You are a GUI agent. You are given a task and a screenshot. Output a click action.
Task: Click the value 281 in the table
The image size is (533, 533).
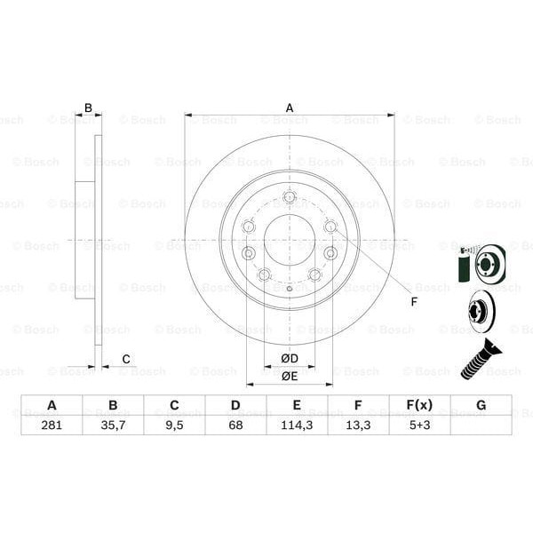pyautogui.click(x=52, y=426)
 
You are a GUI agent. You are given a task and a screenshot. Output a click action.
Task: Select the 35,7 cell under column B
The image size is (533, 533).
pyautogui.click(x=113, y=426)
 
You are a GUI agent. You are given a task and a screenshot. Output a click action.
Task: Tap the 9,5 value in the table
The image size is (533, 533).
pyautogui.click(x=174, y=426)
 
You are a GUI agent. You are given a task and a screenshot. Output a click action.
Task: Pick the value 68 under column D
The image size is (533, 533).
pyautogui.click(x=235, y=426)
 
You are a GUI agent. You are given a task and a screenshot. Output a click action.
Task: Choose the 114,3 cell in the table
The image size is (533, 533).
pyautogui.click(x=297, y=426)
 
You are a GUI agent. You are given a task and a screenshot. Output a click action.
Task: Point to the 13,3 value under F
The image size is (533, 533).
pyautogui.click(x=357, y=426)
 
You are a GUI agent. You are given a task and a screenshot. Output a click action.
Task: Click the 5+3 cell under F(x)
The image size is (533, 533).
pyautogui.click(x=418, y=426)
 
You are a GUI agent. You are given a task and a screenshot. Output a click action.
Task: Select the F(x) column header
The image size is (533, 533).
pyautogui.click(x=418, y=406)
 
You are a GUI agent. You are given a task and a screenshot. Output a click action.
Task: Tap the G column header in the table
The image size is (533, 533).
pyautogui.click(x=481, y=406)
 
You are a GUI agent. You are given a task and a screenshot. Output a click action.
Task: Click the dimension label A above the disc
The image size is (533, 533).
pyautogui.click(x=290, y=107)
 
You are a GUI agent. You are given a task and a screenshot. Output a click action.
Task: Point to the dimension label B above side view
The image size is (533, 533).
pyautogui.click(x=88, y=107)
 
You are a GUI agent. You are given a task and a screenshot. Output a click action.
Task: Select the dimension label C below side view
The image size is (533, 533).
pyautogui.click(x=126, y=359)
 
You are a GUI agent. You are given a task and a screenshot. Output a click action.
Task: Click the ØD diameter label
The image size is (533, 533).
pyautogui.click(x=289, y=358)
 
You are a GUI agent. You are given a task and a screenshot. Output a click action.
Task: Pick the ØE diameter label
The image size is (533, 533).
pyautogui.click(x=289, y=376)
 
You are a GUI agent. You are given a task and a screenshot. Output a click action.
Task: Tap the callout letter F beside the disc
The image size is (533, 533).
pyautogui.click(x=413, y=301)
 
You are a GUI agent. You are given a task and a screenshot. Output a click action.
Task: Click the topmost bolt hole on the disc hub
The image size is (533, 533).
pyautogui.click(x=289, y=197)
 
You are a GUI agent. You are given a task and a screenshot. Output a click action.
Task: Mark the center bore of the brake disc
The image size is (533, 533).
pyautogui.click(x=289, y=239)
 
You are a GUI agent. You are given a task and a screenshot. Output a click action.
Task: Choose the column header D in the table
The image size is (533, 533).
pyautogui.click(x=235, y=406)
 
